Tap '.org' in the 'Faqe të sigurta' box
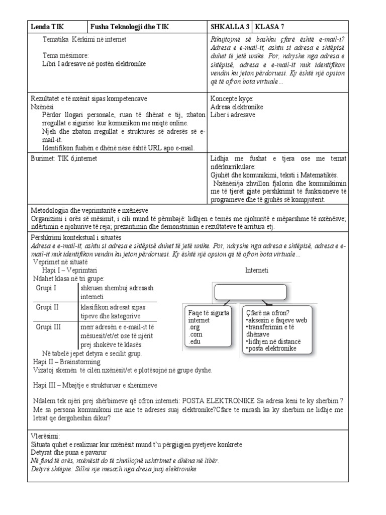click(194, 327)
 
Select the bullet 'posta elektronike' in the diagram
click(271, 348)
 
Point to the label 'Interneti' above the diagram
click(256, 270)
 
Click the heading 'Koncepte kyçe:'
click(232, 99)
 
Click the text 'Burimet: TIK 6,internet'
click(64, 159)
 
